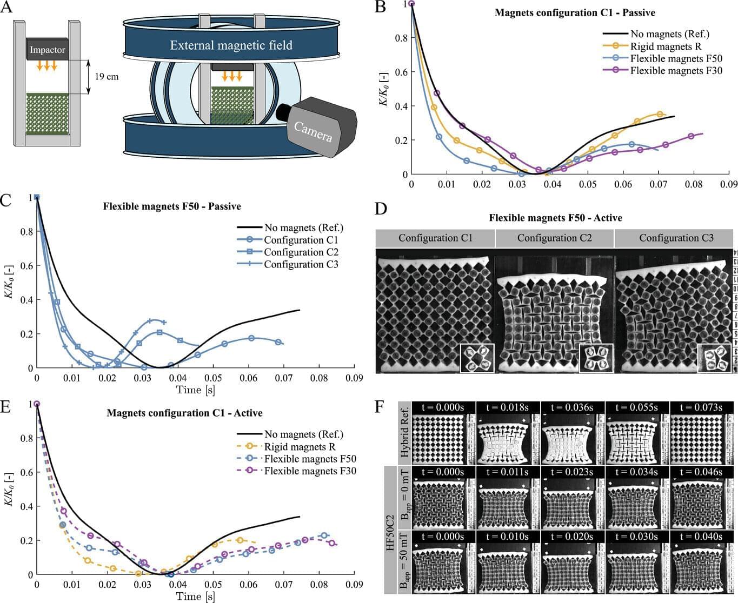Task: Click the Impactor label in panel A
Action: coord(47,50)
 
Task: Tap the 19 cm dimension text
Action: coord(107,77)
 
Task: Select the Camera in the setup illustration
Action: coord(316,128)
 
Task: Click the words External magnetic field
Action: coord(231,45)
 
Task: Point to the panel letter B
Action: coord(380,8)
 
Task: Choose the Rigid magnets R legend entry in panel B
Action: coord(666,46)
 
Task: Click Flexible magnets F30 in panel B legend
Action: coord(676,71)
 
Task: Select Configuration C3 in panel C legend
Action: coord(301,264)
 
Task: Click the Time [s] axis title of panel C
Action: coord(195,390)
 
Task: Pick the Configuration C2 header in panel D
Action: coord(554,238)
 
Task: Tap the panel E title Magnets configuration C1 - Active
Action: coord(184,413)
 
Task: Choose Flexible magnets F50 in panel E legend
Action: coord(310,459)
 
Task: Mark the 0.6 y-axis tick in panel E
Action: coord(25,472)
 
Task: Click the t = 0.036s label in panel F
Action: coord(572,407)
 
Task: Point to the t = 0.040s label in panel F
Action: coord(701,537)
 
